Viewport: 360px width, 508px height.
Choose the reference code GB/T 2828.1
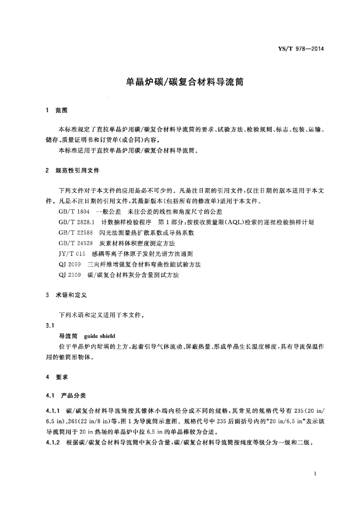click(76, 222)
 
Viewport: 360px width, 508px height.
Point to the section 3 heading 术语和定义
click(71, 295)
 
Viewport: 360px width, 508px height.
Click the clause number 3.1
click(49, 325)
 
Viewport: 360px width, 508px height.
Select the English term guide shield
click(100, 336)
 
